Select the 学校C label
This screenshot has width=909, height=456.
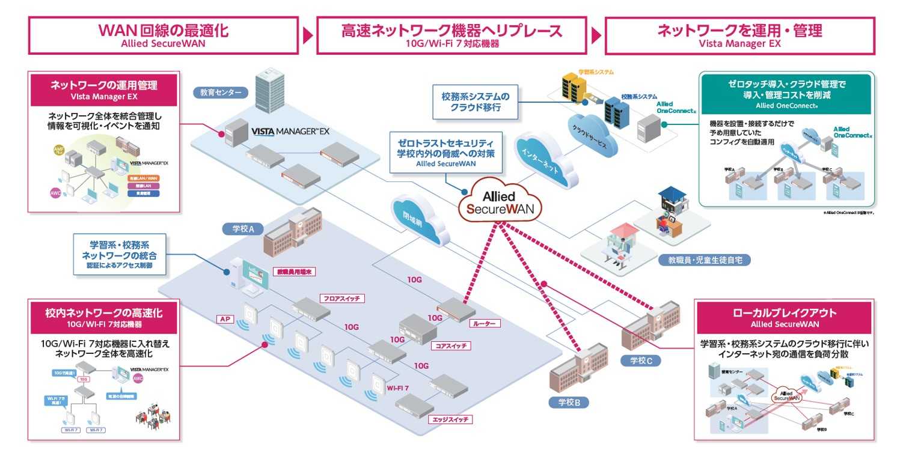(641, 360)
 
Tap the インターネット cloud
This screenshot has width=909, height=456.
(540, 162)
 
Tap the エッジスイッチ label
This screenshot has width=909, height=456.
(446, 419)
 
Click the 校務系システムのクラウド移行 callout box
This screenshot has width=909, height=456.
(475, 102)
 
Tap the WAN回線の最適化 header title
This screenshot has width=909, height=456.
(164, 31)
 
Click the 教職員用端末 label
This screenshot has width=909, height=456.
(294, 272)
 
